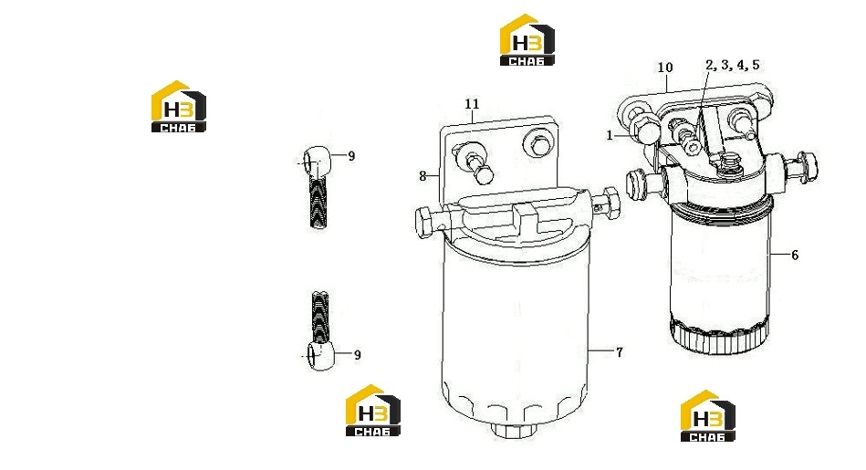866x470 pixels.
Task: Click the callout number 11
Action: click(472, 104)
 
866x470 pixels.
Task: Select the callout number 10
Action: click(665, 68)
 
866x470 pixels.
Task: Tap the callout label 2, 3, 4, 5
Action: click(733, 65)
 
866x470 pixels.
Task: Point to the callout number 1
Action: click(610, 135)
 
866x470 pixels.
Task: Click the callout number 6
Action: click(795, 255)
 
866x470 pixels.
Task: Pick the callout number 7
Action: click(619, 351)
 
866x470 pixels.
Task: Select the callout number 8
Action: click(423, 176)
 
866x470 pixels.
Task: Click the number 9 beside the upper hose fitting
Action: click(351, 156)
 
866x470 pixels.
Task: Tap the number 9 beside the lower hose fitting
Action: click(358, 355)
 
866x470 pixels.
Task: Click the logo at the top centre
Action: click(527, 40)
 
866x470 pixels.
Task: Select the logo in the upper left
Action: click(178, 107)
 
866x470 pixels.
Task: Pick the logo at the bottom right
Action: click(707, 416)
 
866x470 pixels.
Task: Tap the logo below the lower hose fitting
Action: click(373, 411)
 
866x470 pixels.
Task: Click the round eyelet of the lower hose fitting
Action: click(319, 355)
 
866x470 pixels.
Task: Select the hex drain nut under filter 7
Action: click(514, 430)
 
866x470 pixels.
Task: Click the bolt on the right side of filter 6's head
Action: click(800, 166)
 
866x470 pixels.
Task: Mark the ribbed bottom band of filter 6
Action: click(718, 335)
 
